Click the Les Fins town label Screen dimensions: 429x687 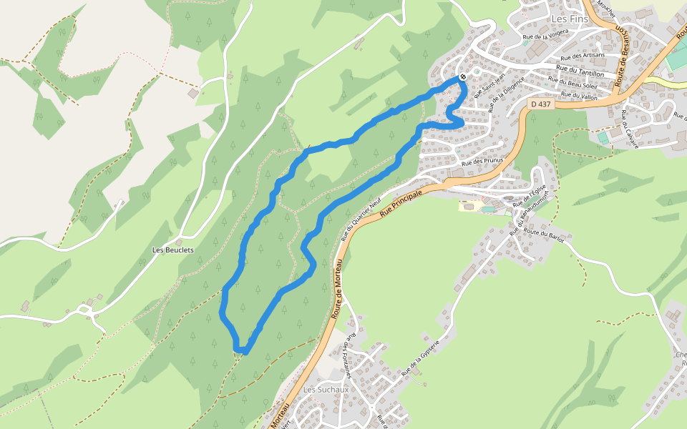point(570,19)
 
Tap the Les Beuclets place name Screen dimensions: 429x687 point(173,250)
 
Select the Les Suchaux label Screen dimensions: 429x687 point(326,390)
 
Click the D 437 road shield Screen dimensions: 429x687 point(541,104)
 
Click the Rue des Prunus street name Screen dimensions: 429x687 point(484,162)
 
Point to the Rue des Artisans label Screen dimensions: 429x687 point(583,56)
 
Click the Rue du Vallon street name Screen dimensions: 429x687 point(580,95)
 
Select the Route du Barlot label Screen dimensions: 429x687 point(544,236)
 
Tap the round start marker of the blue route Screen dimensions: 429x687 point(464,77)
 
